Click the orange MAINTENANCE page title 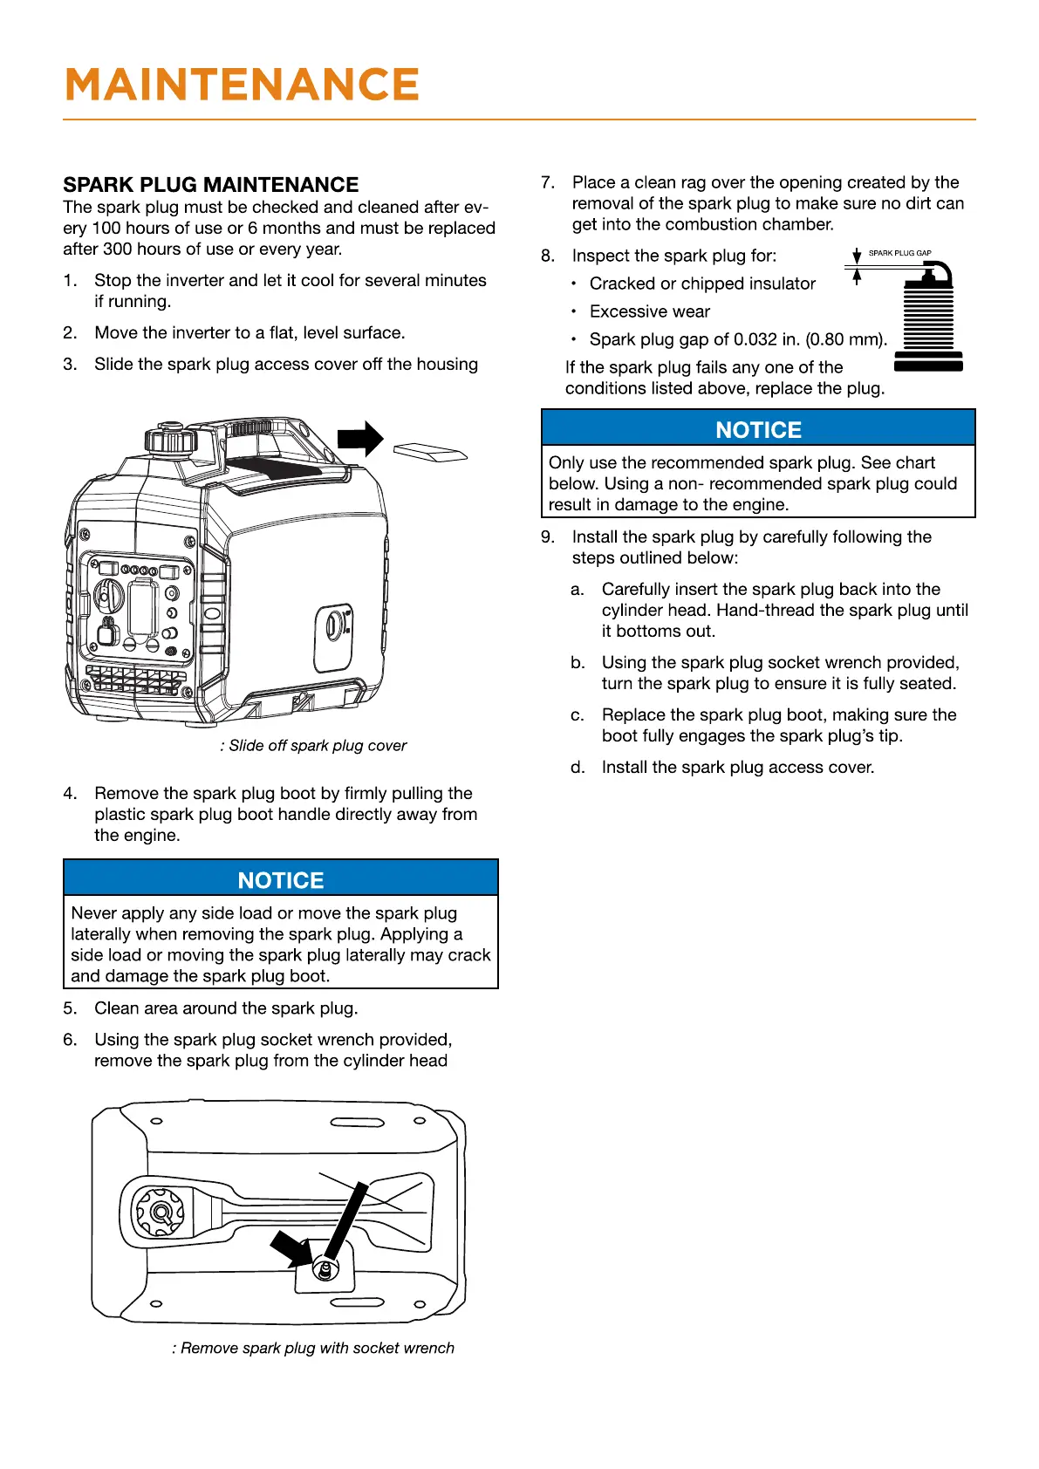242,85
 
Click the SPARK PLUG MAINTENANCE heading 211,185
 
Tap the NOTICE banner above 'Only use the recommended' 758,429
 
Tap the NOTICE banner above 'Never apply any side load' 280,880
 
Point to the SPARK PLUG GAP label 899,253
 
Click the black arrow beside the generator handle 360,439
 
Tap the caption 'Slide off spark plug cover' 314,746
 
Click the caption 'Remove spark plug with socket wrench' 314,1348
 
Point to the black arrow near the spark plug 291,1247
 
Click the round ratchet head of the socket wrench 159,1212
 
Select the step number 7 547,182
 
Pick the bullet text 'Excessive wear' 649,311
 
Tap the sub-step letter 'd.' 578,767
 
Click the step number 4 70,793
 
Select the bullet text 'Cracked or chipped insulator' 702,284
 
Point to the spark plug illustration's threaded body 928,320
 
